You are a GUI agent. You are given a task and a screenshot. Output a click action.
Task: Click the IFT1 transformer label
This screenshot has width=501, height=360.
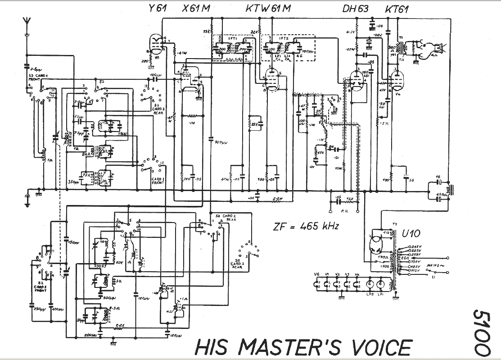click(x=234, y=39)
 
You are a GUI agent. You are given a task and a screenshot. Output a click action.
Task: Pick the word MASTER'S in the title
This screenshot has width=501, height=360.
click(x=285, y=347)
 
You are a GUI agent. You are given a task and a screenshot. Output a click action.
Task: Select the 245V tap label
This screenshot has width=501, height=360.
click(x=418, y=247)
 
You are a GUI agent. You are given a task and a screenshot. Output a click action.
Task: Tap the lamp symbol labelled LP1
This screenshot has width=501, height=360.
click(x=381, y=284)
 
